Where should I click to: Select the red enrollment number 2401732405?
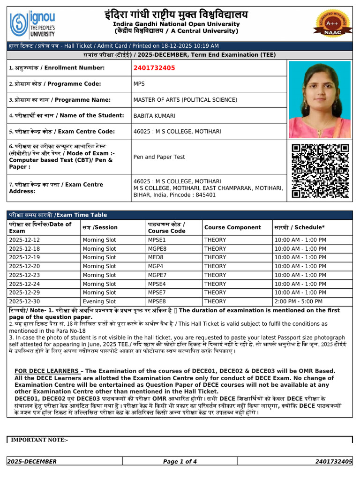pos(154,68)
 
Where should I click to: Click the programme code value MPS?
pos(140,84)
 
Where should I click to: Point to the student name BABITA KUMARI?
pos(155,115)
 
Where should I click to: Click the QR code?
pos(320,170)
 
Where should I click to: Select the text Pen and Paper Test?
pos(159,157)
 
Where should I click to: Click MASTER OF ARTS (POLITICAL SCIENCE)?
pos(185,100)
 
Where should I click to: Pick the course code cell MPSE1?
pos(157,240)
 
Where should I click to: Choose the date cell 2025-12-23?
pos(24,275)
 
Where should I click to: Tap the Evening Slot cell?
pos(99,301)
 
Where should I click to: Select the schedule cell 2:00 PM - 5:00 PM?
pos(300,301)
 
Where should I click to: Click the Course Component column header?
pos(232,227)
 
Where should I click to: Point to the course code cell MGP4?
pos(156,266)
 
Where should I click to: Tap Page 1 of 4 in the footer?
pos(180,462)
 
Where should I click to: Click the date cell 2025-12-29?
pos(24,292)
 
